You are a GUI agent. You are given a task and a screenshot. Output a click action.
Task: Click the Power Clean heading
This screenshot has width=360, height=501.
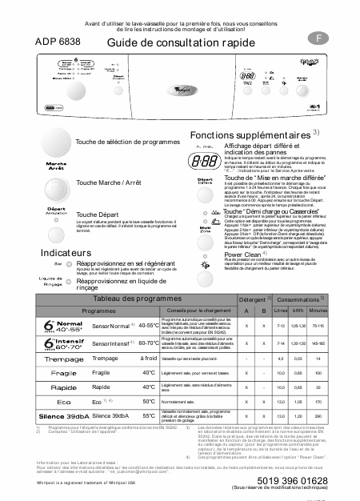point(244,276)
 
